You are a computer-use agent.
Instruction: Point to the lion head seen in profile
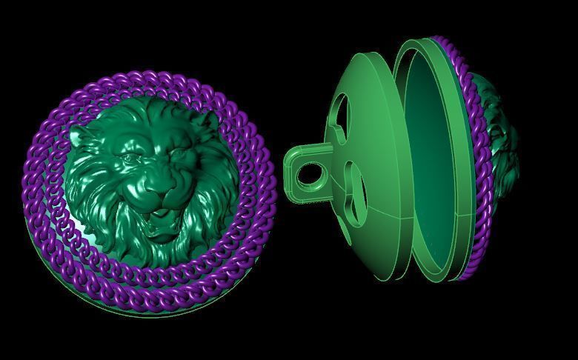click(504, 141)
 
